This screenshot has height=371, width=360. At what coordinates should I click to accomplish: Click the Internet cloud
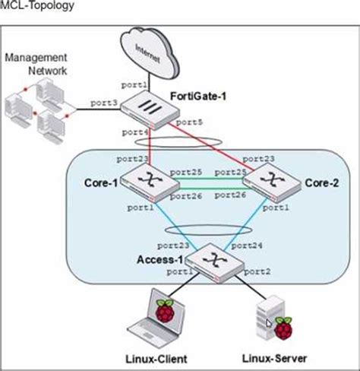pyautogui.click(x=150, y=54)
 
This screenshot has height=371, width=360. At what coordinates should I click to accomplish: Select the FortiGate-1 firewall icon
pyautogui.click(x=150, y=110)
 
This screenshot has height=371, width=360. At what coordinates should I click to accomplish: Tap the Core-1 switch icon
pyautogui.click(x=150, y=182)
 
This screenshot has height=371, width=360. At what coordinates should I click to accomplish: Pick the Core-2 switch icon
pyautogui.click(x=272, y=182)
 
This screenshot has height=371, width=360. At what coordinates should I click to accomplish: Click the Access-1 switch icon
pyautogui.click(x=215, y=263)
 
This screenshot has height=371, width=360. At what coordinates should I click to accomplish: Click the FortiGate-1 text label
pyautogui.click(x=198, y=97)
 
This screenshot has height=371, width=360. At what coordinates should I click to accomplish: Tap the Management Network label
pyautogui.click(x=36, y=64)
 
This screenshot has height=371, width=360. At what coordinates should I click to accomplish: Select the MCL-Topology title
pyautogui.click(x=37, y=5)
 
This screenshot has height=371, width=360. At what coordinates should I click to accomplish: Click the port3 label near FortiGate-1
pyautogui.click(x=104, y=103)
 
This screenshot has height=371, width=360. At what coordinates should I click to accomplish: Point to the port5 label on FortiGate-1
pyautogui.click(x=189, y=122)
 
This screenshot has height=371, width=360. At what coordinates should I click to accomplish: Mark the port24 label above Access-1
pyautogui.click(x=247, y=246)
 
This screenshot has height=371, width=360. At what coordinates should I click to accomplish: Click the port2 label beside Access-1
pyautogui.click(x=257, y=271)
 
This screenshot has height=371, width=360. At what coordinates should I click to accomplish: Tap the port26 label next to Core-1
pyautogui.click(x=186, y=196)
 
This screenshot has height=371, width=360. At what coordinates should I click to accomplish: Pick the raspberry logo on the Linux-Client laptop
pyautogui.click(x=165, y=311)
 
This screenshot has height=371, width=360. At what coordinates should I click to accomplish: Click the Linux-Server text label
pyautogui.click(x=274, y=359)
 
